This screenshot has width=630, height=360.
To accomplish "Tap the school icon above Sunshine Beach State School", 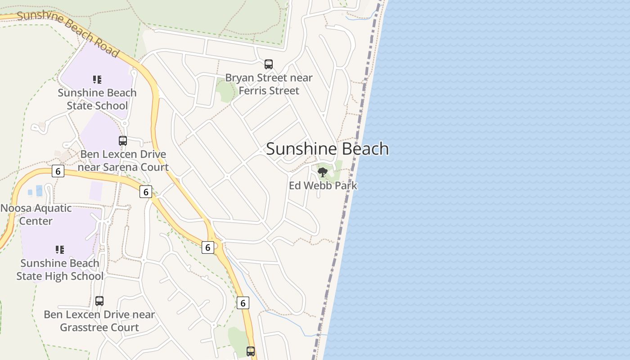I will [97, 80].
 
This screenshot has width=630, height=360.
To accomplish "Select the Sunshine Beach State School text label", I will [97, 99].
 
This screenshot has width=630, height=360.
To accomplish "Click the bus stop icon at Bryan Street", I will [269, 64].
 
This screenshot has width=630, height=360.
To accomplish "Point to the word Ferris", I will [255, 90].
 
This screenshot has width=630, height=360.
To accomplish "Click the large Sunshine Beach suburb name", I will [327, 148].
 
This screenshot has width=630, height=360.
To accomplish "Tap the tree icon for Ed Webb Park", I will [323, 172].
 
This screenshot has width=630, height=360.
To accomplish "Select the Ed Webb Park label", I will [323, 185].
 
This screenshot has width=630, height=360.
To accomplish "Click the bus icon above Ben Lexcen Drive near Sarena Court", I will [123, 141].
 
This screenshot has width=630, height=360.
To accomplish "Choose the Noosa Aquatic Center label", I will [36, 214].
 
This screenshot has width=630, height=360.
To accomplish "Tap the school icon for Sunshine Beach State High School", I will [60, 249].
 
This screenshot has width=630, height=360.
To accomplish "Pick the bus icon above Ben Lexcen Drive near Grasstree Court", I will [99, 301].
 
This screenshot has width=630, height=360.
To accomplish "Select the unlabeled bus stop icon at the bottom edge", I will [251, 351].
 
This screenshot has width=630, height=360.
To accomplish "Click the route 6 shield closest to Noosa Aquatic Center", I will [58, 171].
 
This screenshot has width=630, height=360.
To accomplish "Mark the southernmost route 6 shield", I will [243, 303].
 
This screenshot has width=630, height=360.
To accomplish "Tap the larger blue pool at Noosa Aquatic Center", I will [39, 191].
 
